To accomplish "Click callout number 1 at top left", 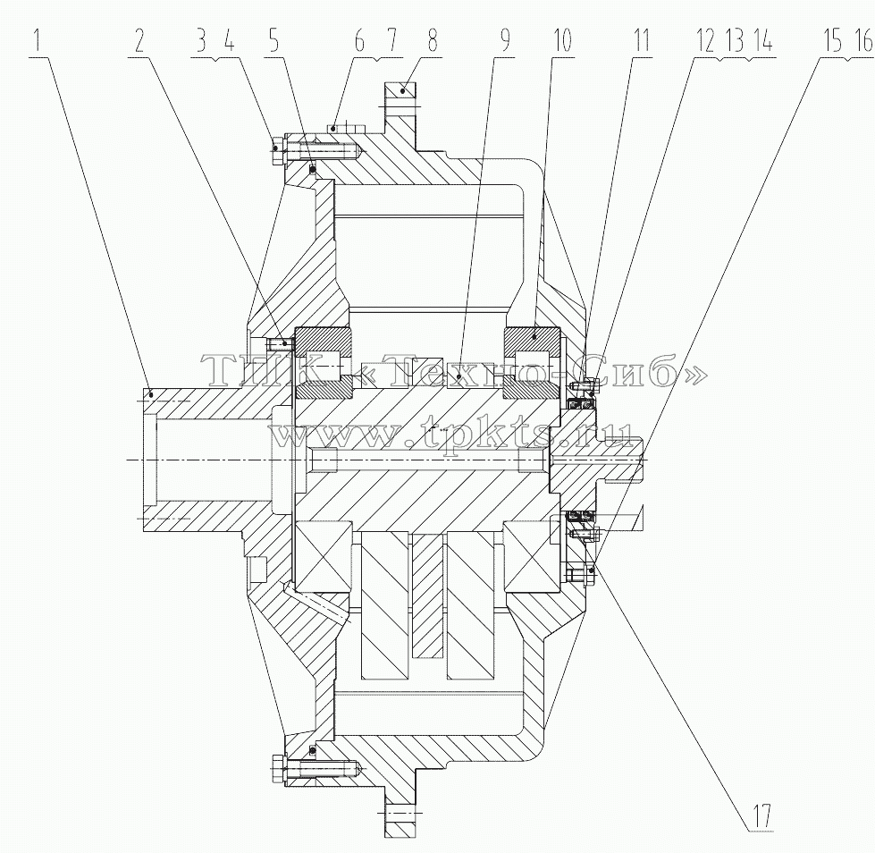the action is [38, 42].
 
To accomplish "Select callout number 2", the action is [139, 42].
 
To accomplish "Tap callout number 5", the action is [273, 42].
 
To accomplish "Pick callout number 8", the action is [432, 42].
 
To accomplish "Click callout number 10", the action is [562, 42].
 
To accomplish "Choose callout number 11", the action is [642, 42].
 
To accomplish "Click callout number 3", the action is [200, 42].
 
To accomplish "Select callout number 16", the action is [863, 42].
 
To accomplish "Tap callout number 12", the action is [705, 42].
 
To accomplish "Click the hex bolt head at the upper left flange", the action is [279, 149].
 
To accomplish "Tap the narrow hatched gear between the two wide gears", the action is [428, 594].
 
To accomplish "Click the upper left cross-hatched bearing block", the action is [324, 363].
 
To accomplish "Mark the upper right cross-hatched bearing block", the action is [532, 363].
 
